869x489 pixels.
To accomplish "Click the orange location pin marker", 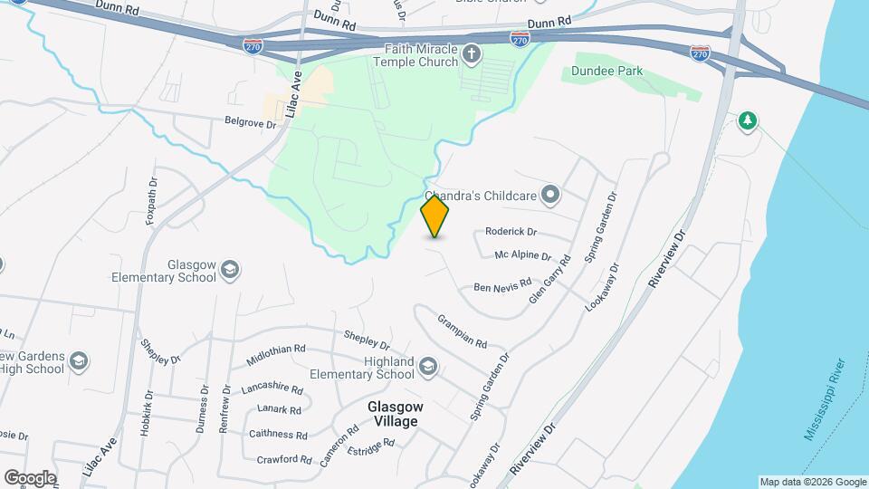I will (x=435, y=216).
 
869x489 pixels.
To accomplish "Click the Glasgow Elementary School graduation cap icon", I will (x=231, y=269).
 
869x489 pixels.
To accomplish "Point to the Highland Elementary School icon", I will (x=427, y=367).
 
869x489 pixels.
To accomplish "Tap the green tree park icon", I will (x=747, y=120).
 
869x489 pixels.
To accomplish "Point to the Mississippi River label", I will (x=825, y=399).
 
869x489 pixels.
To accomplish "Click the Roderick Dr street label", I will (x=511, y=232).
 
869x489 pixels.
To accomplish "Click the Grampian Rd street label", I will (x=463, y=332).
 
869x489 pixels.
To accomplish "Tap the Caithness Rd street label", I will (x=279, y=435).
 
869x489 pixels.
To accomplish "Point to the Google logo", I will (x=30, y=477).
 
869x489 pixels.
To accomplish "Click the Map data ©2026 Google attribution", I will (x=812, y=482).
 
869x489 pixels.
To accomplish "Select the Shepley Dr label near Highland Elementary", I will (x=367, y=340).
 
